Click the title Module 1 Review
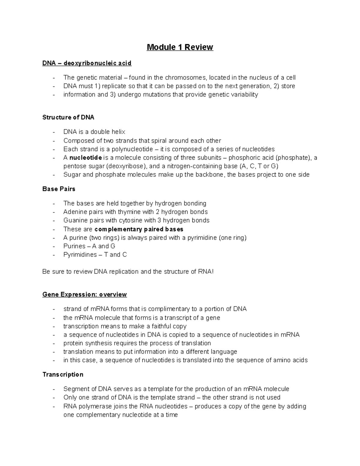click(x=180, y=47)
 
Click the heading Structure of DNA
click(x=68, y=117)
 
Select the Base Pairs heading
click(x=59, y=189)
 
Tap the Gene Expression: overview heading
click(x=85, y=294)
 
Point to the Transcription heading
click(x=63, y=374)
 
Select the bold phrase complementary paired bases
click(x=139, y=229)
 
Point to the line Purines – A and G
click(x=89, y=246)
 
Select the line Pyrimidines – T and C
click(x=95, y=255)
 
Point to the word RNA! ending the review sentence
click(x=206, y=272)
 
